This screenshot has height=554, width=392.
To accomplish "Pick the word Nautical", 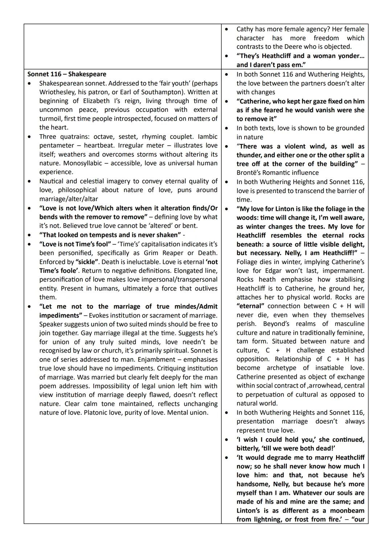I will [53, 181].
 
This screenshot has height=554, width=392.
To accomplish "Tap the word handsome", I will [253, 484].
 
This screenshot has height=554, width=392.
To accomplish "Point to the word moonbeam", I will [346, 510].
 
